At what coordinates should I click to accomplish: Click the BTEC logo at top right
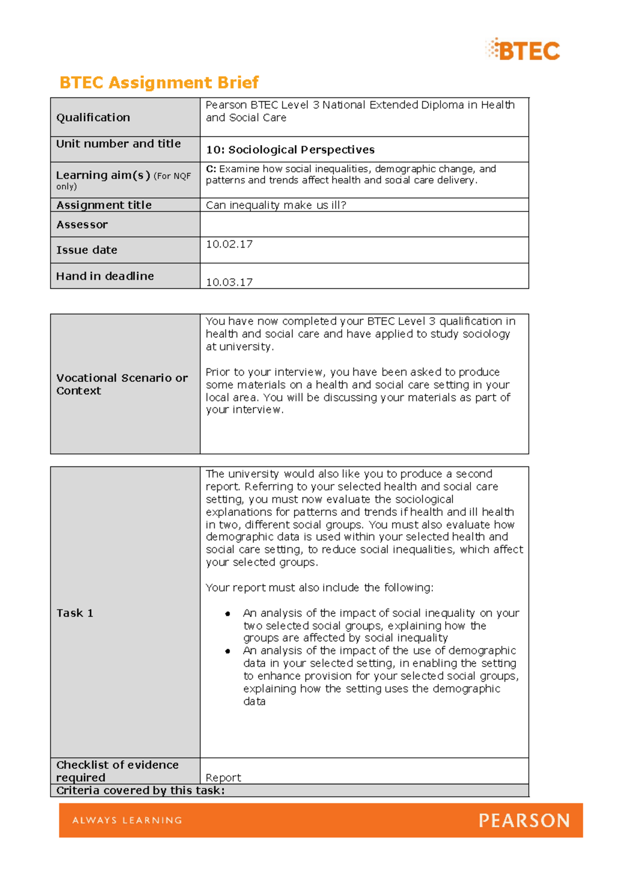523,50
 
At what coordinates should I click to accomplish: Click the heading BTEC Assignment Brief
159,83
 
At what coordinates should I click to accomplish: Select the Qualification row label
93,118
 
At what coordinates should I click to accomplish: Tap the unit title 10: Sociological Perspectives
290,150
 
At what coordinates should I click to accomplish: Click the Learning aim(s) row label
103,175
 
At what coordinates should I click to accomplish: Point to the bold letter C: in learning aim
210,169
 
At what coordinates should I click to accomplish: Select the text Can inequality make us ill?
275,205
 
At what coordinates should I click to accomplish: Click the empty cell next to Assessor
364,224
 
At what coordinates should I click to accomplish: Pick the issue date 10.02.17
229,244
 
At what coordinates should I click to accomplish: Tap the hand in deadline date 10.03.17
229,282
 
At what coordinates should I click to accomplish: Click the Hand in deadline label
105,276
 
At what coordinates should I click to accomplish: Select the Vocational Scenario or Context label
122,384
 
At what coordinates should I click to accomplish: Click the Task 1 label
75,613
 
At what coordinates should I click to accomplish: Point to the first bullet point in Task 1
227,613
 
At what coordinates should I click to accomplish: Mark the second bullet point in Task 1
227,651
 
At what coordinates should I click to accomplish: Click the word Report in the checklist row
223,777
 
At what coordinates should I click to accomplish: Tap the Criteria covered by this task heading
140,790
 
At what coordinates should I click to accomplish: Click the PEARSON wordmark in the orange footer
524,820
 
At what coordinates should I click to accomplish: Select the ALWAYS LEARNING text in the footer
127,820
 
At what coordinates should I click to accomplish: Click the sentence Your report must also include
319,588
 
